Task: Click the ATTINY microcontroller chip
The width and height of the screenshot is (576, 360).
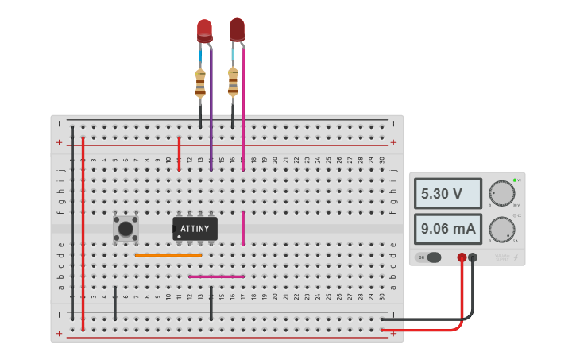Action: (x=195, y=229)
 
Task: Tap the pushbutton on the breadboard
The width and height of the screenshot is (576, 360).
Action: (x=126, y=229)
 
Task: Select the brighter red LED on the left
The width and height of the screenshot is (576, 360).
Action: (x=204, y=29)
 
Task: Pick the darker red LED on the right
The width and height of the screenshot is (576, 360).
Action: (x=237, y=29)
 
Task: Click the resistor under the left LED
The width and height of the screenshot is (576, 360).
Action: (x=200, y=83)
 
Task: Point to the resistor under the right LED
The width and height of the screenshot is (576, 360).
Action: (x=233, y=81)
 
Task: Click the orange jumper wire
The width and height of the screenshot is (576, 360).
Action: (x=168, y=255)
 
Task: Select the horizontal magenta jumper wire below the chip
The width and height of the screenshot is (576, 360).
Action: (x=216, y=277)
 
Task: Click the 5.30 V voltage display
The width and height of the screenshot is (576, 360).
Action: (x=447, y=193)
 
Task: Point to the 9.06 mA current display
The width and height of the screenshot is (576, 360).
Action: (x=447, y=230)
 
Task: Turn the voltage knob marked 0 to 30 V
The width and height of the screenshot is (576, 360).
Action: (x=501, y=193)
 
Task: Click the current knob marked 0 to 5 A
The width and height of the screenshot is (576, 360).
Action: (x=501, y=230)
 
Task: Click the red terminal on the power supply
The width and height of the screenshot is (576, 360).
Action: (x=462, y=257)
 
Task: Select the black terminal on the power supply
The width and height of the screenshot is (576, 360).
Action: (x=473, y=257)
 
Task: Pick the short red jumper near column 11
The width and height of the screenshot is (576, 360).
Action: (x=179, y=153)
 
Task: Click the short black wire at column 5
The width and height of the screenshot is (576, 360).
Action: (x=115, y=303)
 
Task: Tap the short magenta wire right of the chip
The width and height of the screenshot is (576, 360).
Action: (x=243, y=229)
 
